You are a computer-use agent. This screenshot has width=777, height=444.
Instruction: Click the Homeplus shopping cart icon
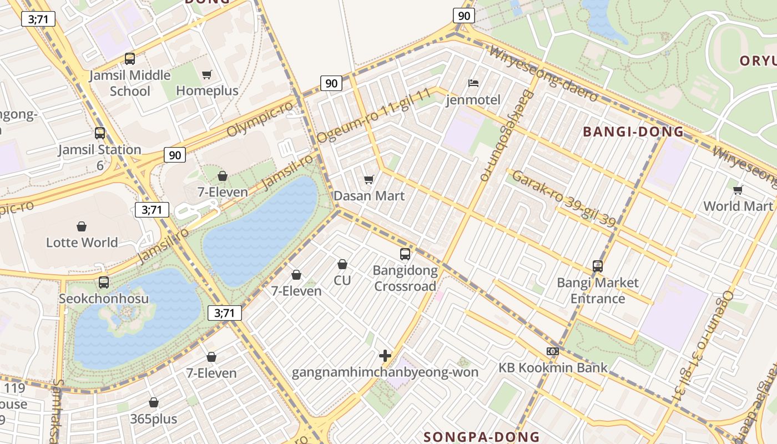click(x=207, y=74)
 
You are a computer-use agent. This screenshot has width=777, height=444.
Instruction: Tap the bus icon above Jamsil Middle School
click(x=129, y=58)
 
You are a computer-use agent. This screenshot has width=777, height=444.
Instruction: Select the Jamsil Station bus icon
click(x=100, y=133)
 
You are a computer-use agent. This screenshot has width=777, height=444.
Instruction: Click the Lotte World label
click(x=82, y=243)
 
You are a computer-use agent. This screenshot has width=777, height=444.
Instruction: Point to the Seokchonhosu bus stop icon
click(x=104, y=282)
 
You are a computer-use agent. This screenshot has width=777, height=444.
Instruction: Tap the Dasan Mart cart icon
click(x=369, y=179)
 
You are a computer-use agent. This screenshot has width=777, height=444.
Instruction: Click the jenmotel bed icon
click(x=473, y=83)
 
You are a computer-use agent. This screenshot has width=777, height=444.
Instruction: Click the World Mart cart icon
click(x=738, y=190)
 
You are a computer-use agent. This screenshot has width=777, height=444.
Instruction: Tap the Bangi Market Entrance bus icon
click(x=597, y=266)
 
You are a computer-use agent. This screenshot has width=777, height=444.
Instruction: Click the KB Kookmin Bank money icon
click(x=552, y=351)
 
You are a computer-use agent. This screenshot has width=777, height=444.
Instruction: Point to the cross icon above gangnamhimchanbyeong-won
click(x=385, y=355)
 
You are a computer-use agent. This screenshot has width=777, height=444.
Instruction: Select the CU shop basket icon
click(x=342, y=264)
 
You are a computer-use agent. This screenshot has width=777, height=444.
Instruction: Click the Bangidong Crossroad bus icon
click(x=405, y=254)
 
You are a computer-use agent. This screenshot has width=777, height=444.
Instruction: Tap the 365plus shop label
click(x=154, y=418)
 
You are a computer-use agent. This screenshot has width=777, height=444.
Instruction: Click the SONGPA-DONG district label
click(x=481, y=437)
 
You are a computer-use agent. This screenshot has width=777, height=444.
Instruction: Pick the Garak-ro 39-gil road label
click(x=563, y=199)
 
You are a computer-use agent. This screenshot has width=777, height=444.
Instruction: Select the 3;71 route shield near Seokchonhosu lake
click(x=225, y=313)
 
